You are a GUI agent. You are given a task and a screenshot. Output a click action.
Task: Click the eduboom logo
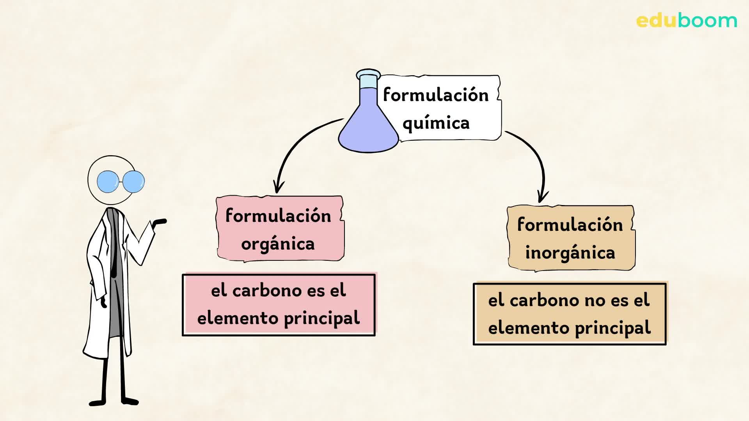pyautogui.click(x=687, y=20)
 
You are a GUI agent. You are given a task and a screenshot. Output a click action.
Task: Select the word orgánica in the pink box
pyautogui.click(x=278, y=244)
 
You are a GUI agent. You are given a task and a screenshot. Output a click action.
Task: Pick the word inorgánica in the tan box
pyautogui.click(x=570, y=253)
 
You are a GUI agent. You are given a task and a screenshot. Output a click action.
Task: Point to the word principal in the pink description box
pyautogui.click(x=321, y=318)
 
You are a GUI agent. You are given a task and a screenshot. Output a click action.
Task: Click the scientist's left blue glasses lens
pyautogui.click(x=108, y=182)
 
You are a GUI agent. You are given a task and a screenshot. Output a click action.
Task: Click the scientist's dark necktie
pyautogui.click(x=114, y=249)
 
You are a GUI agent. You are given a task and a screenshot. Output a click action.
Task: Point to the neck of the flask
pyautogui.click(x=368, y=81)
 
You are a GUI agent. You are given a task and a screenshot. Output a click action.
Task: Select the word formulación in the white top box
pyautogui.click(x=436, y=95)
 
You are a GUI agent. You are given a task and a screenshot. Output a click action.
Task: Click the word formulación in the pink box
pyautogui.click(x=278, y=216)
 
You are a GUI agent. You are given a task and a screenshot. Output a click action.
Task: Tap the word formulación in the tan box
pyautogui.click(x=570, y=225)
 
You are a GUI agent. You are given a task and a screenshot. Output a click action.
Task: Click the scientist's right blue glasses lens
pyautogui.click(x=134, y=181)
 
